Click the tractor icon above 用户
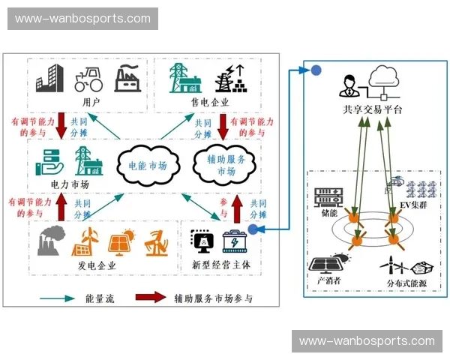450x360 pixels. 89,79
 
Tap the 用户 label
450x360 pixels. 91,101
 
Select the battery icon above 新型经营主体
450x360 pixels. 234,242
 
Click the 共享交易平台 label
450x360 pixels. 372,110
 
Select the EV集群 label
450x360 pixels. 412,204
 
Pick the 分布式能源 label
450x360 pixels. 405,283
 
